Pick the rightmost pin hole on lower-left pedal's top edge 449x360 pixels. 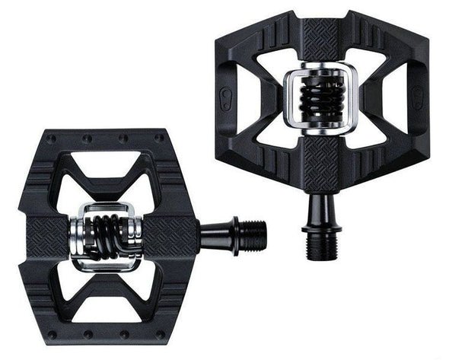point(158,139)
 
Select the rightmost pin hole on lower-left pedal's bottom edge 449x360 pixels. point(159,333)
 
